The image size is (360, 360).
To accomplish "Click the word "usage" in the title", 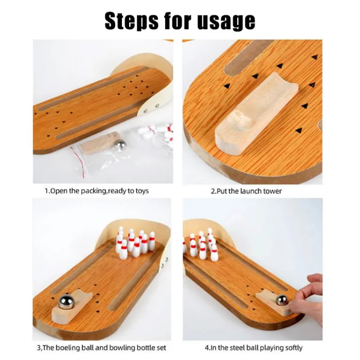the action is (226, 22).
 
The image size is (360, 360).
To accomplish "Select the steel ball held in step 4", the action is (281, 300).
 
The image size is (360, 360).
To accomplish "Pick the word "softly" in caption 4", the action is (294, 348).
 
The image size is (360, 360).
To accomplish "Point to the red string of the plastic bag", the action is (78, 161).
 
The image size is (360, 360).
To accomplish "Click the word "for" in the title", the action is (178, 22).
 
